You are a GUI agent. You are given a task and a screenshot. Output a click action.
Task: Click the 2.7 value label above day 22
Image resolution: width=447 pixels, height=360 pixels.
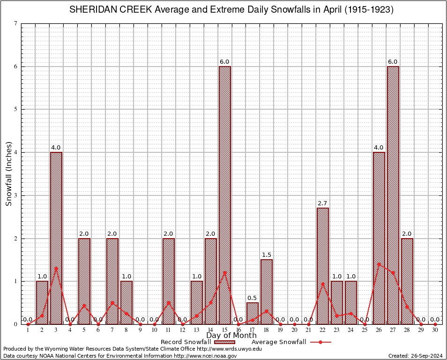323,203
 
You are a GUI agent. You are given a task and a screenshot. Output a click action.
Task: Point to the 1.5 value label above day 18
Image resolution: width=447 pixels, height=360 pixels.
267,255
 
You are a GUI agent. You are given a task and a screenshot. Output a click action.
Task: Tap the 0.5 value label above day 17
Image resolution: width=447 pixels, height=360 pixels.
253,298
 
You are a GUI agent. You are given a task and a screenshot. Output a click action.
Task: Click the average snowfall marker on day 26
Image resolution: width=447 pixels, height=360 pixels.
379,264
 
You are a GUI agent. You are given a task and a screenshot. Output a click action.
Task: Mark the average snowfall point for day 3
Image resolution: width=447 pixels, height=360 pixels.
56,268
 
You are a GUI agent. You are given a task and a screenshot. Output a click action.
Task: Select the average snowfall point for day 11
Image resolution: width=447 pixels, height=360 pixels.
169,302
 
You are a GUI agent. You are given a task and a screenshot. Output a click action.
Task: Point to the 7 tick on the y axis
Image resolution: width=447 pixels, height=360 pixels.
15,23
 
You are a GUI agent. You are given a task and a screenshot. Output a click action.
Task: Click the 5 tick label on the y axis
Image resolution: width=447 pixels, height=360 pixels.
15,109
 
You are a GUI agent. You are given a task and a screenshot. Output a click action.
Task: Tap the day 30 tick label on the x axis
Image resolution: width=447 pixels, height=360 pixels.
435,330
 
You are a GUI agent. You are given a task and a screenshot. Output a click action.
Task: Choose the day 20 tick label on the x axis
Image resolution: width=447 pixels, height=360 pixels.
294,330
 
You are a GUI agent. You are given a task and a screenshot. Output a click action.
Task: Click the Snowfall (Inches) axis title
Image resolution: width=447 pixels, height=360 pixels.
8,173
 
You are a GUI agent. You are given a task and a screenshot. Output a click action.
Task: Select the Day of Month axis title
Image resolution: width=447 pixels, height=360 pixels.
231,335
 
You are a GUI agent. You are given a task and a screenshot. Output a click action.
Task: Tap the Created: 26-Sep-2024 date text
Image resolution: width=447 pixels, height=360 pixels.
416,356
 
